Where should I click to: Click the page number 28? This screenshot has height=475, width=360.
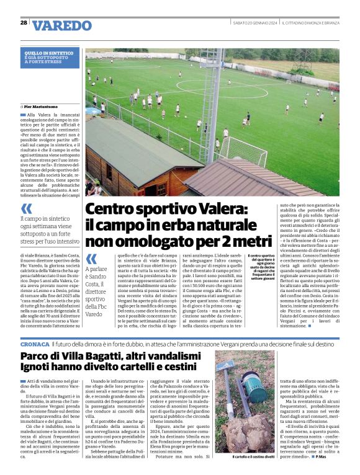(x=23, y=23)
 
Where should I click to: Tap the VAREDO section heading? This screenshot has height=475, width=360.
(x=62, y=26)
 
